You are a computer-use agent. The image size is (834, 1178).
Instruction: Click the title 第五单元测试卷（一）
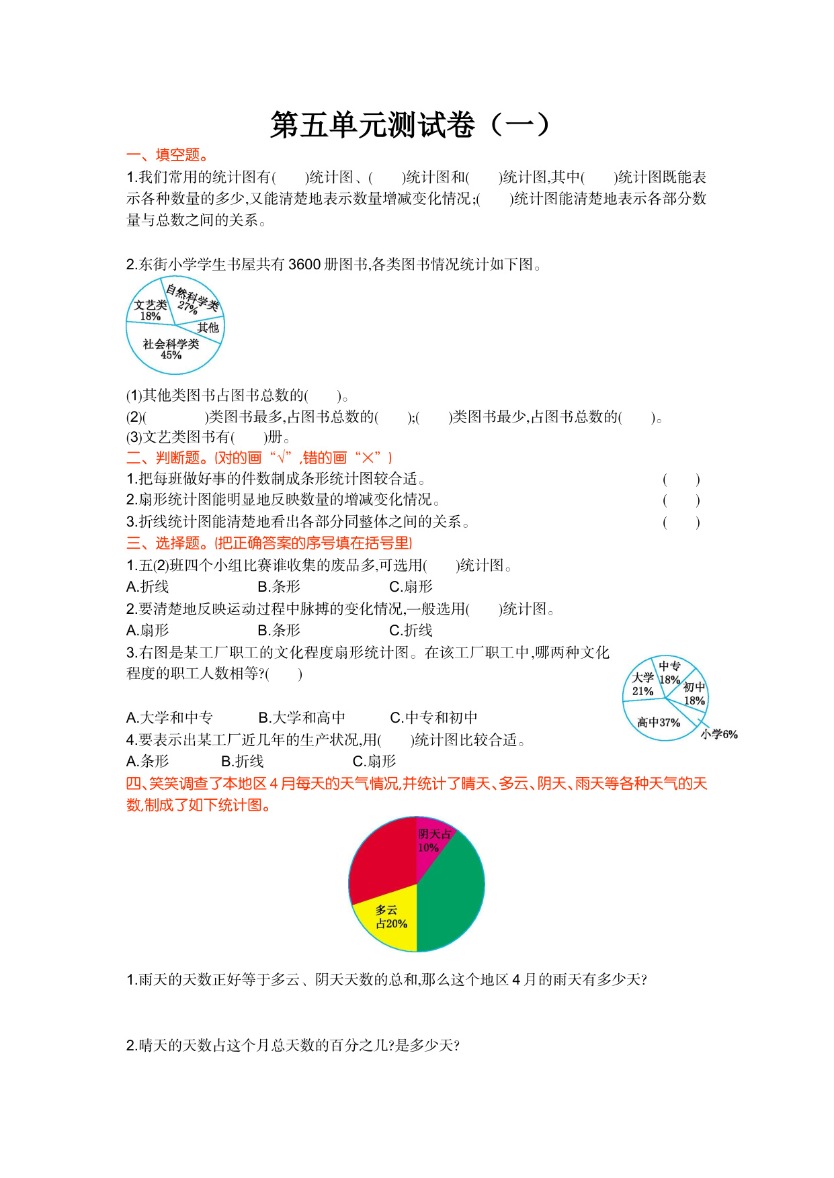(x=410, y=125)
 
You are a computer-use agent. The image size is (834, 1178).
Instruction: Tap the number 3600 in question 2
(x=304, y=265)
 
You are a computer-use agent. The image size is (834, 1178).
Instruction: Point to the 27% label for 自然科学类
(x=187, y=307)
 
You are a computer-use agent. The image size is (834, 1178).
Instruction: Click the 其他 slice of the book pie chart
(x=208, y=328)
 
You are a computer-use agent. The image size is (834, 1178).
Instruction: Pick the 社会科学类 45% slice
(x=171, y=349)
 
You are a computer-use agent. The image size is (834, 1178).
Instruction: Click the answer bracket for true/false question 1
(x=681, y=480)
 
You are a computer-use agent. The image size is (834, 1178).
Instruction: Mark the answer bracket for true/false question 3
(x=681, y=523)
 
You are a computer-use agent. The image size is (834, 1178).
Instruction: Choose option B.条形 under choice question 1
(x=279, y=587)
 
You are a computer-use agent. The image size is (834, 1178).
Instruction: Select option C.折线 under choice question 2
(x=411, y=631)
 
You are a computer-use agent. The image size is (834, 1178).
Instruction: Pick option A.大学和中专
(x=169, y=718)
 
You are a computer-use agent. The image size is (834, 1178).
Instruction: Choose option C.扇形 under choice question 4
(x=374, y=762)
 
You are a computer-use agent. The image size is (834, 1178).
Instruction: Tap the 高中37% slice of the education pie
(x=658, y=723)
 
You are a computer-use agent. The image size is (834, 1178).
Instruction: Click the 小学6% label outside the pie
(x=719, y=735)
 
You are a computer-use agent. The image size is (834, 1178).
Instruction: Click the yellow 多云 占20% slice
(x=390, y=917)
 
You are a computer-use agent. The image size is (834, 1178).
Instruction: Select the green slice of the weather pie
(x=450, y=893)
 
